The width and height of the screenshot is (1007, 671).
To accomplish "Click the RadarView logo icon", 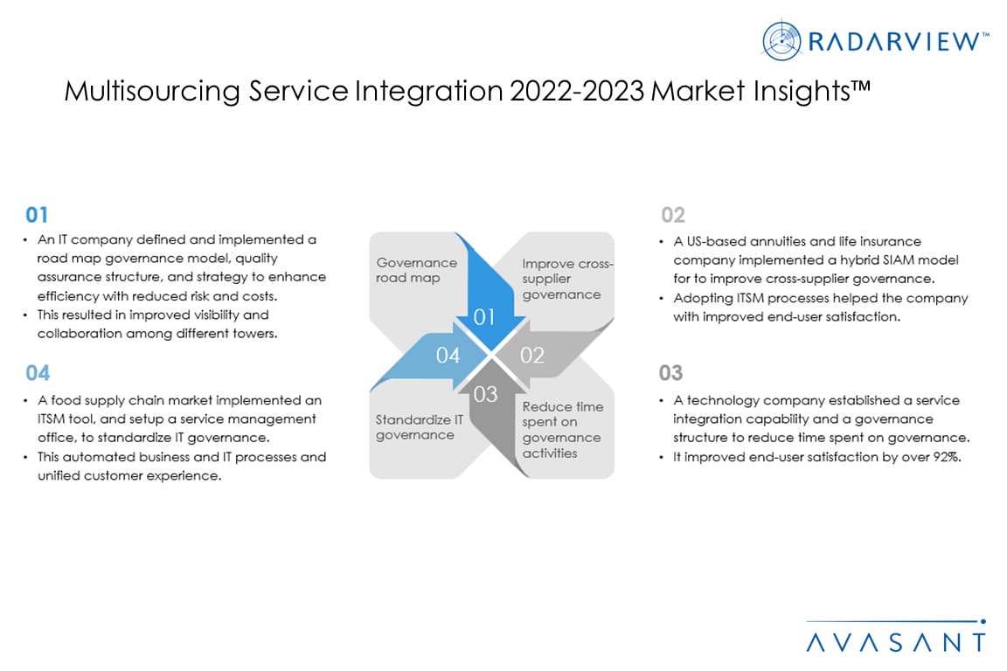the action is point(781,40).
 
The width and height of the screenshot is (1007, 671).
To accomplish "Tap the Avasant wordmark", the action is point(896,642).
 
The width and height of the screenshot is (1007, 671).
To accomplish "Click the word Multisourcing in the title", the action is point(152,91).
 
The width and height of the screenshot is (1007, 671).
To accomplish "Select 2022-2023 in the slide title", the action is point(577,91).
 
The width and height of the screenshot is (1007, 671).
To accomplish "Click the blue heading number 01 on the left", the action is point(37,215).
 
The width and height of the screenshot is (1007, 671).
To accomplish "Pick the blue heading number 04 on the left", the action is point(38,373).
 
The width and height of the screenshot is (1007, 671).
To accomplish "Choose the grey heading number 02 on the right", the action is point(673,215).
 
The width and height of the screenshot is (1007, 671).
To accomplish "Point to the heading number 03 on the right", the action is point(670,373).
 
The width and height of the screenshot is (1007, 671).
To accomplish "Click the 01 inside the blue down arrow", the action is point(484,317).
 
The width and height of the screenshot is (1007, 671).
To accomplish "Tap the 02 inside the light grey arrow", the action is point(531,355).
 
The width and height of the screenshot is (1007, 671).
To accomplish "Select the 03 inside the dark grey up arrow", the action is point(485,394).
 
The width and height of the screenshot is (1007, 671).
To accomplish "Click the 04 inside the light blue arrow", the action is point(448,355).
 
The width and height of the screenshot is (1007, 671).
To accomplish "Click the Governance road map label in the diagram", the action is point(417,270).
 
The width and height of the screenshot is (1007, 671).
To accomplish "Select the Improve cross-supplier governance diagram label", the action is point(567,280).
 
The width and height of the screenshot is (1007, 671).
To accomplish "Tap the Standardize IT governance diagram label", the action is point(420,427).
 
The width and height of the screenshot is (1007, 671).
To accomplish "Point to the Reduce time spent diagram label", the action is point(563,430).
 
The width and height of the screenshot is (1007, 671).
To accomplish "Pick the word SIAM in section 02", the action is point(899,260).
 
